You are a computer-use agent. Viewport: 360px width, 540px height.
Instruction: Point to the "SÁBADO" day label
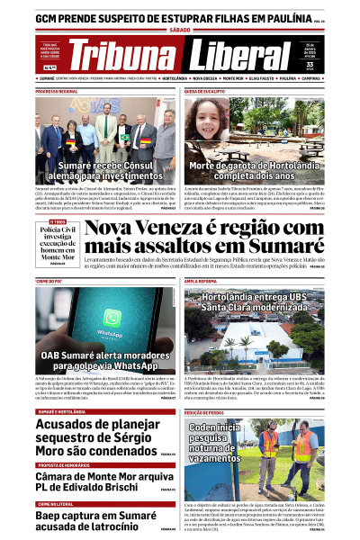coord(180,31)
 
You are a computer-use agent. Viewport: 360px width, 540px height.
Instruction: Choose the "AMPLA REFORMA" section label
coord(202,281)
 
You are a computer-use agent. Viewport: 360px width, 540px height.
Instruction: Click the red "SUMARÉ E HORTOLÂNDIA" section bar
coord(61,410)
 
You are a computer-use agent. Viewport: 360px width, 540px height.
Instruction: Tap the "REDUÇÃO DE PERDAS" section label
coord(206,411)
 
